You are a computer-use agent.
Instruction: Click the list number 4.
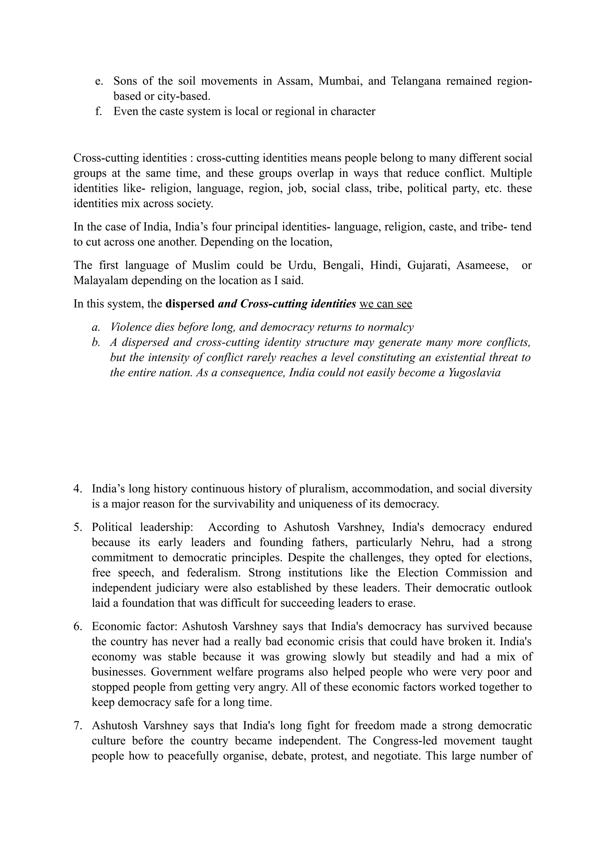tap(78, 489)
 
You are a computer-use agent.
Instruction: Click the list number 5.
tap(78, 527)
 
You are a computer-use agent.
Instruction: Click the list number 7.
tap(78, 725)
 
